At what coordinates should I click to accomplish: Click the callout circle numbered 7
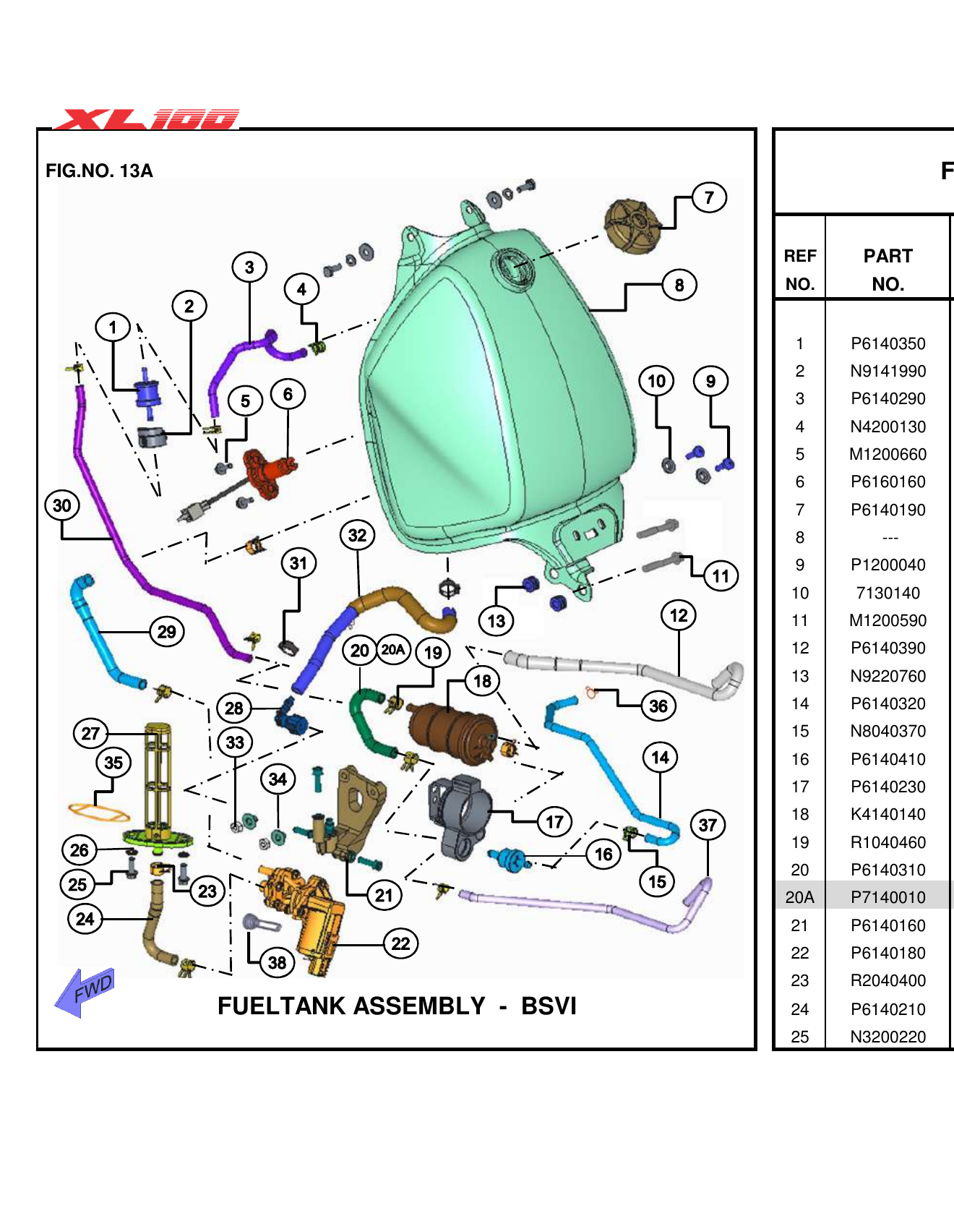coord(709,197)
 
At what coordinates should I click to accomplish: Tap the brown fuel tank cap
coord(632,226)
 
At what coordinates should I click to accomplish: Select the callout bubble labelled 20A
coord(393,649)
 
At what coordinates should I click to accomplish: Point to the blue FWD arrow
coord(85,991)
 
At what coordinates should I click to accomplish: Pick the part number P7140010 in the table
coord(888,897)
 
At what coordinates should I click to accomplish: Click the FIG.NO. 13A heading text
coord(99,171)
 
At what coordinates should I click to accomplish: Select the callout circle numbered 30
coord(62,505)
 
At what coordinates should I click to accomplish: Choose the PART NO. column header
coord(888,270)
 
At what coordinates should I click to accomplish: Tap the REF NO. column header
coord(799,270)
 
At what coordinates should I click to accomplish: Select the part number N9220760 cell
coord(888,676)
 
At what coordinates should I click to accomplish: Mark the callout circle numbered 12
coord(679,615)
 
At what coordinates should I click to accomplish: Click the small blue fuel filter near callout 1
coord(148,394)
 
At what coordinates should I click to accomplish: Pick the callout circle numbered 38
coord(277,962)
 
